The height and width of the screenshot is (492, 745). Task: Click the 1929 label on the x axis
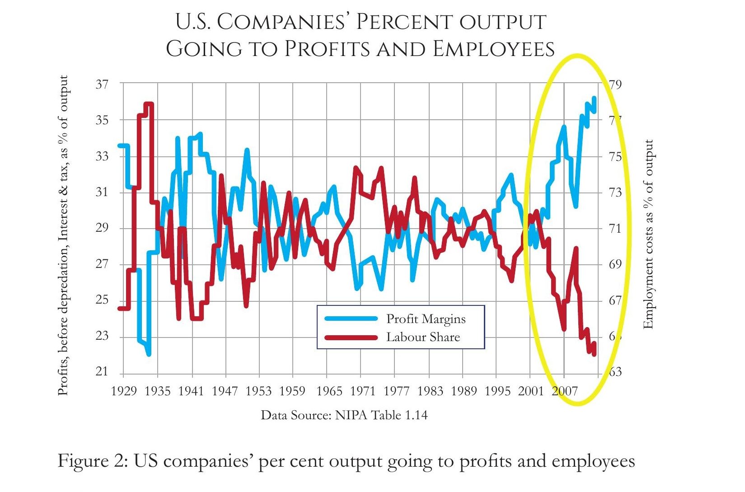point(124,391)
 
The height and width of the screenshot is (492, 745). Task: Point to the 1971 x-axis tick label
point(363,391)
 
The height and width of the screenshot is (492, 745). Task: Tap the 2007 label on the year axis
point(565,391)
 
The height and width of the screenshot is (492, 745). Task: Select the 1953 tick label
point(258,391)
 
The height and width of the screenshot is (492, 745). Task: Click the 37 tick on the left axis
point(102,84)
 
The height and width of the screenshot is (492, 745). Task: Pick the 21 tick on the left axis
point(102,372)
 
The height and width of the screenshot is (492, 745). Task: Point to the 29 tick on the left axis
point(102,228)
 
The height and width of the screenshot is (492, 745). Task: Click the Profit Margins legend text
point(426,319)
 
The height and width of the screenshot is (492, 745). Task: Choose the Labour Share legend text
point(423,337)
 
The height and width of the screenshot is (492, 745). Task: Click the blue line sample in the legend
point(351,319)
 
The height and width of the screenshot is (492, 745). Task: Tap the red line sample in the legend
point(351,337)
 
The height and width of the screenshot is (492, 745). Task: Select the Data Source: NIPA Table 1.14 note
point(344,415)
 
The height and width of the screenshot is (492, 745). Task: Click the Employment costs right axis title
point(648,234)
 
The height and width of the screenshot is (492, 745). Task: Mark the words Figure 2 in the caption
point(90,461)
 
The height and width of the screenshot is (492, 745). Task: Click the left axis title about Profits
point(64,235)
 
